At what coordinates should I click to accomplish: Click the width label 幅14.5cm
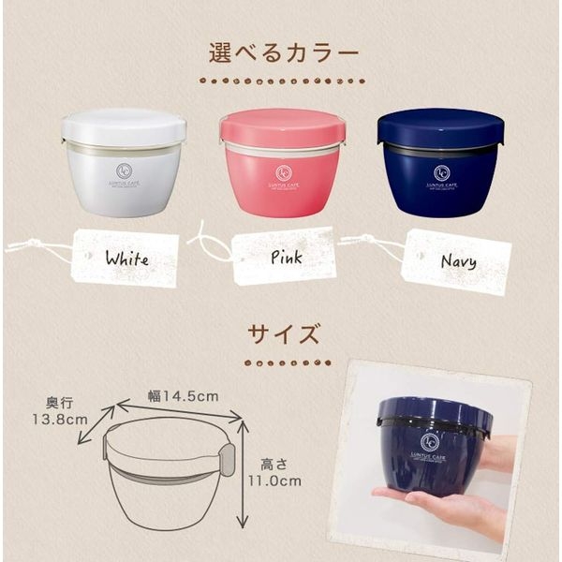183,396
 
